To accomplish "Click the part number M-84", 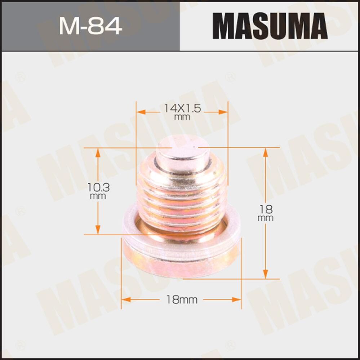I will (x=90, y=26).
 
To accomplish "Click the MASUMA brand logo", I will (x=270, y=26).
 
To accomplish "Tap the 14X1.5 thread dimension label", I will (x=182, y=107).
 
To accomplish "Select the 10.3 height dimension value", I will (x=98, y=187).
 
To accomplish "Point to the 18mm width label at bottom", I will (x=182, y=299).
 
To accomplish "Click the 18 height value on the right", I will (x=266, y=209).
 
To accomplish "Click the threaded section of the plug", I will (x=182, y=202).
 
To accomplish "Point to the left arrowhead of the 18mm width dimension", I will (x=125, y=299).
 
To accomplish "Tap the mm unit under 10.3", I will (x=98, y=196).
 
